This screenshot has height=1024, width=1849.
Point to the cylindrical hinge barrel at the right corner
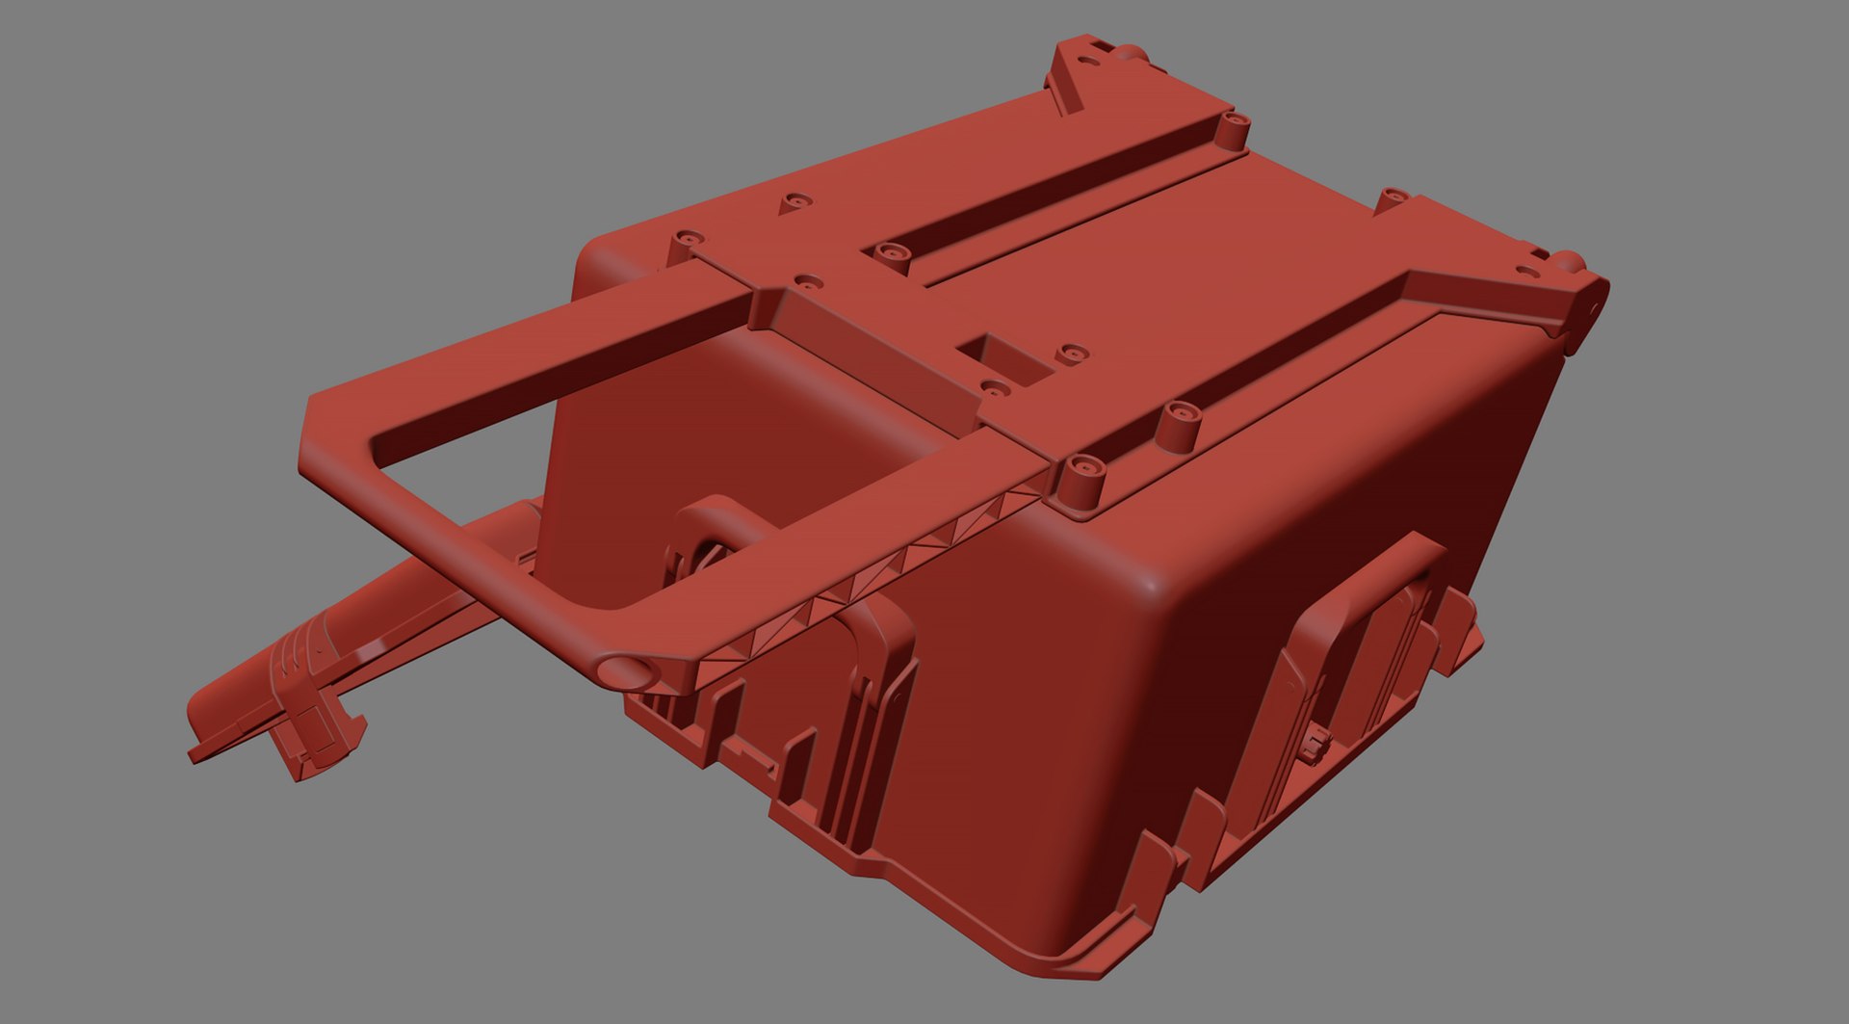click(x=1589, y=293)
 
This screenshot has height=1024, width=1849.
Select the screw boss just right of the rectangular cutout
click(x=1069, y=354)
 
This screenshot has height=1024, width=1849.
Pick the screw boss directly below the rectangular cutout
click(x=995, y=389)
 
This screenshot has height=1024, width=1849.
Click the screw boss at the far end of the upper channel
click(x=1234, y=123)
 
